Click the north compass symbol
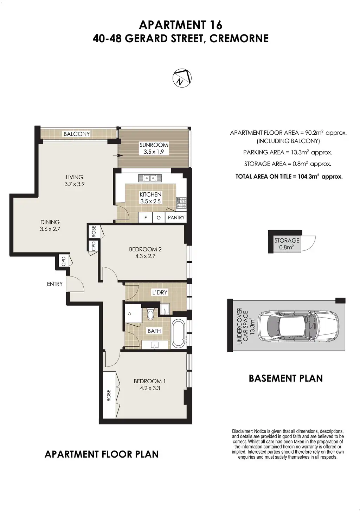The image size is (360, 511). coord(182,78)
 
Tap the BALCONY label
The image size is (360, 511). coord(77,134)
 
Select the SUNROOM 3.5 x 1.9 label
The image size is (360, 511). coord(154,148)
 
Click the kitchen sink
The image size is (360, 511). coord(150,178)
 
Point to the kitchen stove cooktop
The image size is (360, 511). coord(181,203)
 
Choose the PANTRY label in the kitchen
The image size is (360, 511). coord(176,218)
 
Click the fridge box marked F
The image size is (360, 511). coord(146,218)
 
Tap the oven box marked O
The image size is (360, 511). coord(159,218)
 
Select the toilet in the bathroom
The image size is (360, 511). coord(150,314)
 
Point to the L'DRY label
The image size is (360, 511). coord(160,292)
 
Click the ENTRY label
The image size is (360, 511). coord(55,284)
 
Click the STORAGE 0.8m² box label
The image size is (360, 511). coord(287,244)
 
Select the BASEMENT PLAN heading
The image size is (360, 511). coord(286,378)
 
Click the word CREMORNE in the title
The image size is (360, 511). coord(239,38)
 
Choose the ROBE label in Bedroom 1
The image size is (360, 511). coord(109,395)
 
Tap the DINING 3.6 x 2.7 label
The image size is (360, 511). coord(50,225)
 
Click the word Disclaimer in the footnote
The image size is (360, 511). coord(242,432)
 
